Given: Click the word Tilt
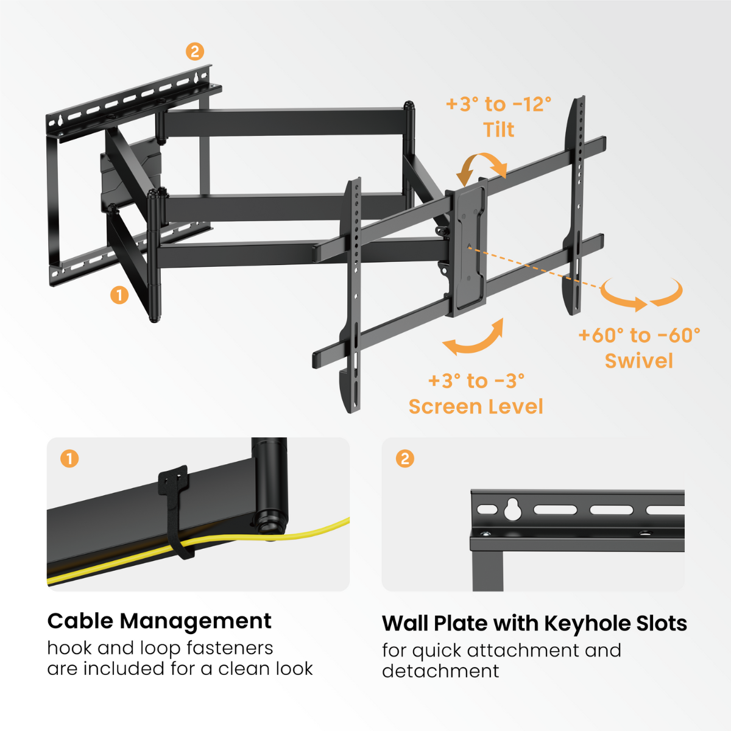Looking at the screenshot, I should click(498, 130).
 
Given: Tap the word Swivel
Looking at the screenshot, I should click(638, 361).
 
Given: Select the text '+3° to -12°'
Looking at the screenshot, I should click(498, 104).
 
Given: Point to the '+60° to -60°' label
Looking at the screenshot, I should click(639, 335).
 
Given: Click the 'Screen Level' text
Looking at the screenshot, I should click(475, 406).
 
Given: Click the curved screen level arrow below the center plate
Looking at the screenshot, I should click(474, 339).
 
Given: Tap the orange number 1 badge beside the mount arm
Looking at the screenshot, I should click(119, 295).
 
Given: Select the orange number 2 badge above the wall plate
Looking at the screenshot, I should click(194, 51).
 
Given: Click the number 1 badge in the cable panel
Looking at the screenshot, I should click(69, 458).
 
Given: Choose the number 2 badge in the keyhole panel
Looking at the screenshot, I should click(404, 458).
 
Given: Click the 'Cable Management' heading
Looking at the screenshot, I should click(159, 621).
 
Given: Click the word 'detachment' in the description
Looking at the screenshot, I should click(440, 671).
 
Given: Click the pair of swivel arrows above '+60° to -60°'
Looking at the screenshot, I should click(641, 295).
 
